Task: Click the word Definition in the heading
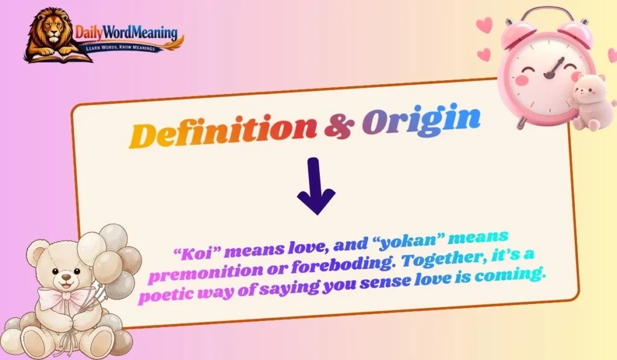pyautogui.click(x=224, y=130)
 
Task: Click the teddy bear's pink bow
pyautogui.click(x=61, y=298)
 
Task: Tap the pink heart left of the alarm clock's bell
pyautogui.click(x=484, y=25)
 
